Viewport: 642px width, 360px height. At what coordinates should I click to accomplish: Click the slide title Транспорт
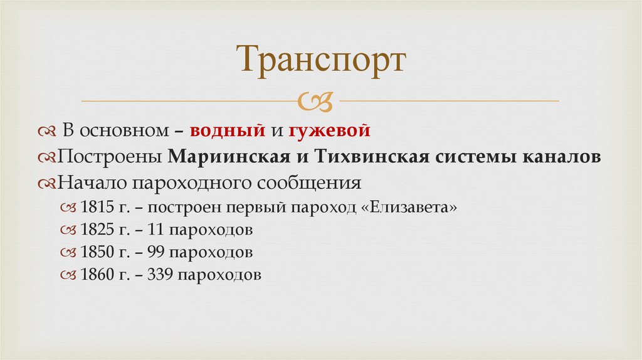pyautogui.click(x=321, y=62)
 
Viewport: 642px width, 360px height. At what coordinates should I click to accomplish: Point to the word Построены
pyautogui.click(x=110, y=157)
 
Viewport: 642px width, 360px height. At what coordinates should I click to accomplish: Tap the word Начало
pyautogui.click(x=85, y=184)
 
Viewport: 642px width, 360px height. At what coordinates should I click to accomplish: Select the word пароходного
pyautogui.click(x=174, y=184)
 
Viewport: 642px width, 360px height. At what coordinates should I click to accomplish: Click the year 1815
pyautogui.click(x=94, y=208)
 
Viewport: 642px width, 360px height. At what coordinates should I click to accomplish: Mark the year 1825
pyautogui.click(x=94, y=230)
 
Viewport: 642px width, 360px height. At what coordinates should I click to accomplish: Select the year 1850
pyautogui.click(x=94, y=252)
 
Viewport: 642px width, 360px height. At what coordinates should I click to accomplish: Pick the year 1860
pyautogui.click(x=94, y=275)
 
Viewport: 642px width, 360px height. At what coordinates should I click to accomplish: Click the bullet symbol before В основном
pyautogui.click(x=47, y=132)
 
